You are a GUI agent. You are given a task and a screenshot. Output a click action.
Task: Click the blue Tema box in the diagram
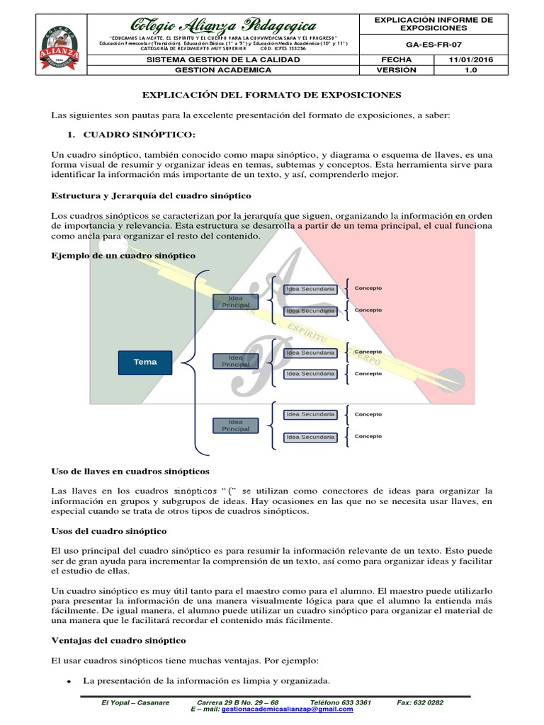[145, 362]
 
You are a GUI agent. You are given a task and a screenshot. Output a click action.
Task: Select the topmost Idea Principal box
[231, 301]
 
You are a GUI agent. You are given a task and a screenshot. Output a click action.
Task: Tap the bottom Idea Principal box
[231, 425]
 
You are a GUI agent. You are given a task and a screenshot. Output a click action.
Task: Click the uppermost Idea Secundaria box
[310, 289]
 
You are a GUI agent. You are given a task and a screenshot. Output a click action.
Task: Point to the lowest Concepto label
[368, 436]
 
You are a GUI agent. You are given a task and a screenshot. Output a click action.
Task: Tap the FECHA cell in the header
[396, 60]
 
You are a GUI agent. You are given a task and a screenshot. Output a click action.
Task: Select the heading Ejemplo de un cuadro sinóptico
[123, 254]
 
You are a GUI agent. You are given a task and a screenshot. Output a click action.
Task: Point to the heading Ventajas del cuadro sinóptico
[118, 640]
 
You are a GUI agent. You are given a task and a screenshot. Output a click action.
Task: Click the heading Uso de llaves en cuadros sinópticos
[130, 471]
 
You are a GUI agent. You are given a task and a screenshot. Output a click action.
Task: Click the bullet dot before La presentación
[68, 681]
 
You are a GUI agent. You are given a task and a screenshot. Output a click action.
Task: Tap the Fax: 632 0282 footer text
[421, 702]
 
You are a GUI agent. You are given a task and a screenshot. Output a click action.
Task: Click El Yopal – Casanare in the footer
[135, 702]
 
